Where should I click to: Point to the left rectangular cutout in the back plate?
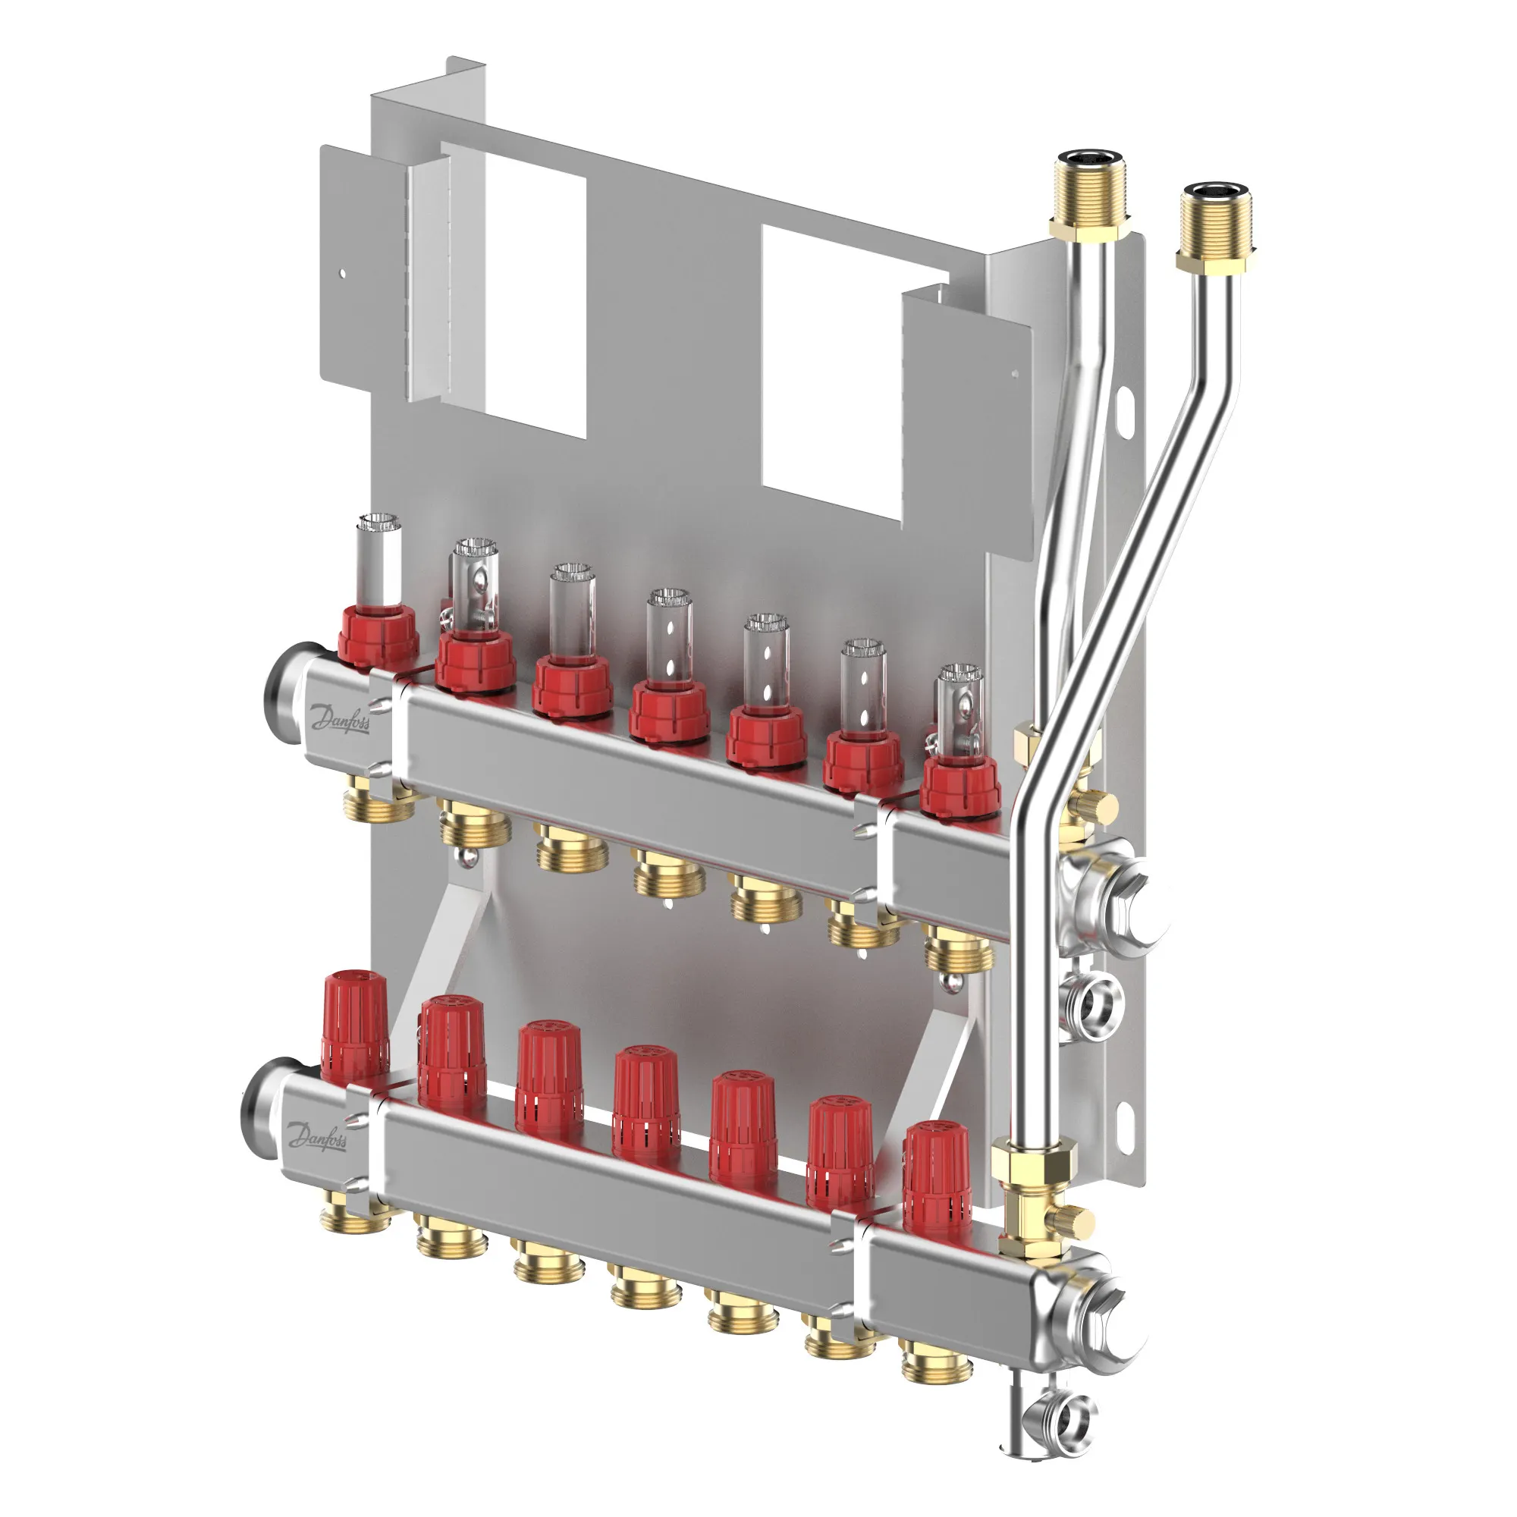(514, 291)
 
